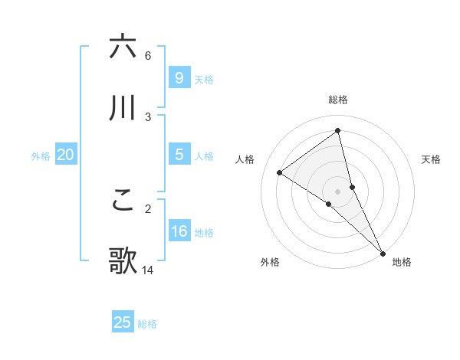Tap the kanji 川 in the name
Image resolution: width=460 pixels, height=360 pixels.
123,107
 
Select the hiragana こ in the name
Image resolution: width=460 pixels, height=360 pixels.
123,200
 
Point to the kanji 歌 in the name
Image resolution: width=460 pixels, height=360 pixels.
123,261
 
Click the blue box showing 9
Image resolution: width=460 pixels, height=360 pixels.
179,77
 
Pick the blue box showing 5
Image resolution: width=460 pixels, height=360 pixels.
179,155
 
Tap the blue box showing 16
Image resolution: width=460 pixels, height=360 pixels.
179,231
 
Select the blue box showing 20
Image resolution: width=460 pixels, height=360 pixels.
65,155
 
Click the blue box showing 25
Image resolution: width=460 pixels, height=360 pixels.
123,322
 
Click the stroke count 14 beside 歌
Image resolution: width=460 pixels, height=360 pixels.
148,270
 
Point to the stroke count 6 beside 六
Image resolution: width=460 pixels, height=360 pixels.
148,55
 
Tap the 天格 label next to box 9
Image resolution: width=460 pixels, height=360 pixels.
204,79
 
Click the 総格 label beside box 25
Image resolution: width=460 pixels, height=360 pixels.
147,324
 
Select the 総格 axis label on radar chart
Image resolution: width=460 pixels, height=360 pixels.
338,100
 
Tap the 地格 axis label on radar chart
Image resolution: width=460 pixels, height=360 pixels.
402,262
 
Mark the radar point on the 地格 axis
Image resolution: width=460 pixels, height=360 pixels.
382,252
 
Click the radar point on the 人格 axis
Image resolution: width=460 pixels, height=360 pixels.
279,172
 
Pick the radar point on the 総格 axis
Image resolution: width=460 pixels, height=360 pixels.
338,131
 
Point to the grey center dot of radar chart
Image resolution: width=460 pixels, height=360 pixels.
338,191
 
